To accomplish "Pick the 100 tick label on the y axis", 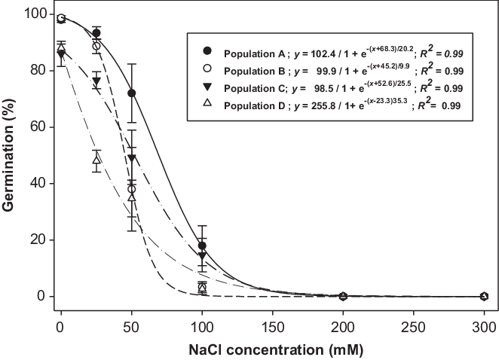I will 30,14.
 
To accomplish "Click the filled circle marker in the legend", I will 207,50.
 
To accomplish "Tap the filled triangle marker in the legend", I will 207,89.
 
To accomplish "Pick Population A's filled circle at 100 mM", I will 202,246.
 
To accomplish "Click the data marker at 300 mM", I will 485,296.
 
